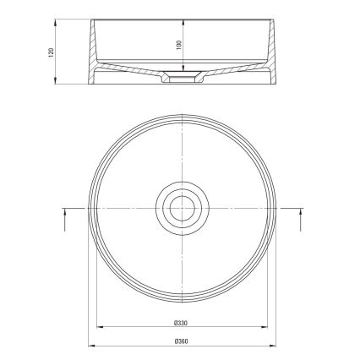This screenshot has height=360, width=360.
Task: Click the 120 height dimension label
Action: click(x=52, y=52)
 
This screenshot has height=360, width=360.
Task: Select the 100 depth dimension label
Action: click(x=179, y=44)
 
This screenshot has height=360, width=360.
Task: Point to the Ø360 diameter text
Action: click(x=180, y=340)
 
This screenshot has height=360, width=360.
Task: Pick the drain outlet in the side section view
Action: click(x=180, y=79)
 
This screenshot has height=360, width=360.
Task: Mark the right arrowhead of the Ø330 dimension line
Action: click(x=261, y=328)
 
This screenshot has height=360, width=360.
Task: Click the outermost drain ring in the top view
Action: click(x=180, y=183)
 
